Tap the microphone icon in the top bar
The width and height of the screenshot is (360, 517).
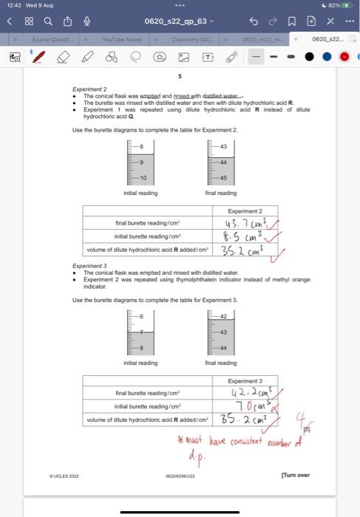tap(86, 21)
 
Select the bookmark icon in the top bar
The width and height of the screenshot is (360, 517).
tap(291, 21)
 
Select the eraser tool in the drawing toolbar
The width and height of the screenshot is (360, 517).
tap(64, 56)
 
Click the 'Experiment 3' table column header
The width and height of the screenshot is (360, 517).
tap(245, 380)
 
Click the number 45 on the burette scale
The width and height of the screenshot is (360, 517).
tap(223, 178)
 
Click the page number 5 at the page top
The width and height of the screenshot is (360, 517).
tap(179, 76)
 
